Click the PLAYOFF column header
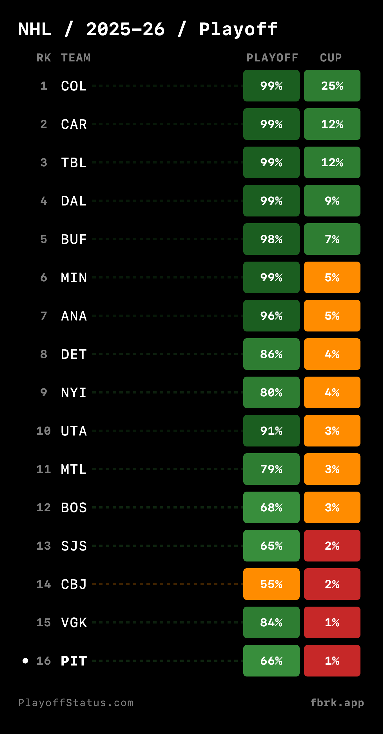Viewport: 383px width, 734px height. click(272, 58)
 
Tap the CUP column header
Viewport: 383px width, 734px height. click(331, 58)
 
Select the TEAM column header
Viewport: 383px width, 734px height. click(76, 58)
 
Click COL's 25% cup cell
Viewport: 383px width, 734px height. click(332, 86)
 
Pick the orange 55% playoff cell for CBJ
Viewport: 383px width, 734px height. click(271, 584)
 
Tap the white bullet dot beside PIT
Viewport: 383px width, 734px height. click(25, 660)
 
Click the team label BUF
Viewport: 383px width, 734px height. click(74, 239)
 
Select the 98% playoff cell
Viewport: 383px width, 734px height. click(271, 239)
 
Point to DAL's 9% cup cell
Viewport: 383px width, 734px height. click(332, 201)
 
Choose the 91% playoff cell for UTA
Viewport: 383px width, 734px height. click(271, 430)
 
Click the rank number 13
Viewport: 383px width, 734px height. click(44, 546)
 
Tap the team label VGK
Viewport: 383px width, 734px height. click(74, 622)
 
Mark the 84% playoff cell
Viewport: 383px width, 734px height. click(271, 622)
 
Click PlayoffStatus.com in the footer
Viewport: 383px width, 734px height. click(76, 703)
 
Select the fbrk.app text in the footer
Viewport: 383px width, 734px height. click(337, 703)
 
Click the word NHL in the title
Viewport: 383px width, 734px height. click(35, 29)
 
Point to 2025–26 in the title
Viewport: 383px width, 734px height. click(125, 29)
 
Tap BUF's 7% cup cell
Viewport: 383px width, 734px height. click(332, 239)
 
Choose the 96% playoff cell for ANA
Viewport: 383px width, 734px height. click(271, 316)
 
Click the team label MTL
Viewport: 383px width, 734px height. click(74, 469)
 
